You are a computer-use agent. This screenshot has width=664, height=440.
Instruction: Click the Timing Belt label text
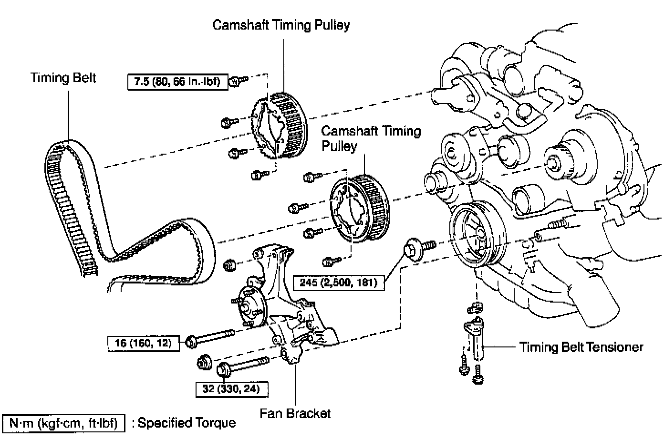point(63,78)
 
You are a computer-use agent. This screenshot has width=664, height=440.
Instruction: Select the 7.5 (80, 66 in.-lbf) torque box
point(177,82)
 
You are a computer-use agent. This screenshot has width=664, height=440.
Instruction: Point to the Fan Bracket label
point(295,413)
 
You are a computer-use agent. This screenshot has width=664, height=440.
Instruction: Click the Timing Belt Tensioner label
point(581,347)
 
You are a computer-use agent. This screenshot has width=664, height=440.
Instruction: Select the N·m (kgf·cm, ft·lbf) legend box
point(63,423)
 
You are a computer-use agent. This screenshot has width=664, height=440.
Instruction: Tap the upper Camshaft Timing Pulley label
point(281,25)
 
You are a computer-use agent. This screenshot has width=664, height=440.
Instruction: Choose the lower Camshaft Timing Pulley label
point(371,138)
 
